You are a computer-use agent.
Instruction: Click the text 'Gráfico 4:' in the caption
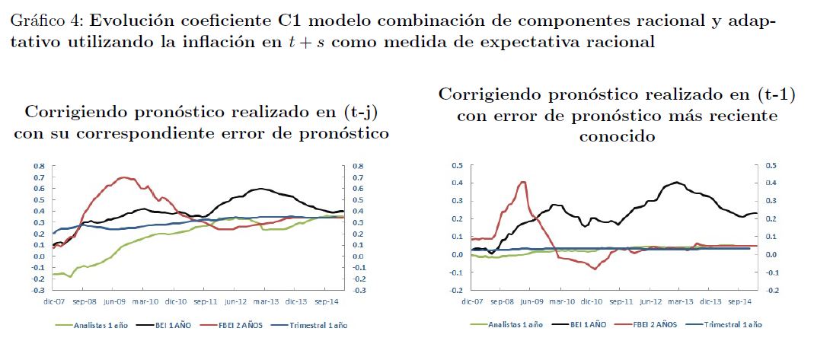39,21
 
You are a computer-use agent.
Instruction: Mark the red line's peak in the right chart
522,182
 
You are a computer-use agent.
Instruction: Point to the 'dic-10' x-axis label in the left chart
177,301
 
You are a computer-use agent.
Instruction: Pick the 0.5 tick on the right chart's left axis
457,165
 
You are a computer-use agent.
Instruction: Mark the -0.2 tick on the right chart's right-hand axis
767,291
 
